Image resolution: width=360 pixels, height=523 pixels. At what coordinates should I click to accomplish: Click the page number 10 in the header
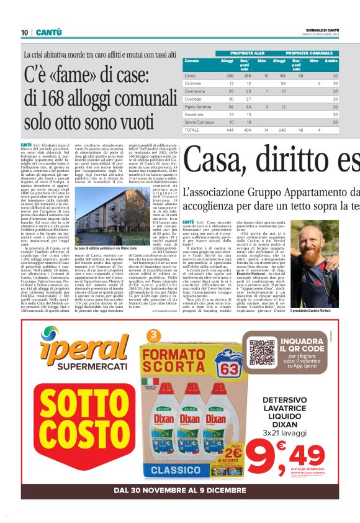tap(24, 32)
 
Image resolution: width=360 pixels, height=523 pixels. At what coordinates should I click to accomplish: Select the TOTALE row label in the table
tap(192, 130)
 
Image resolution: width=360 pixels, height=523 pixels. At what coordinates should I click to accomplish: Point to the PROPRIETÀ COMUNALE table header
tap(303, 53)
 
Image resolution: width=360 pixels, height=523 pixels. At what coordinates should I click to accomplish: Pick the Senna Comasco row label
tap(199, 122)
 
